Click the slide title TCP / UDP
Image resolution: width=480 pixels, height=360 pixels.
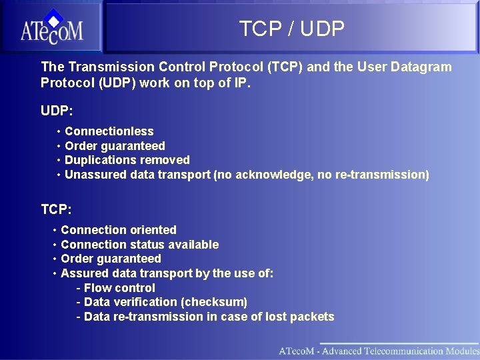tap(292, 29)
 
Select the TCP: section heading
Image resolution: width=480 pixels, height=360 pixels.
tap(56, 209)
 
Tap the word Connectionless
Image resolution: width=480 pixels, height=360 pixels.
tap(109, 131)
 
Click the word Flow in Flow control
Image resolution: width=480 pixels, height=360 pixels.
tap(97, 288)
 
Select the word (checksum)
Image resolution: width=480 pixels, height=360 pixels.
tap(217, 302)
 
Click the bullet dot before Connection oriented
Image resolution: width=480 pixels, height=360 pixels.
tap(54, 230)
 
